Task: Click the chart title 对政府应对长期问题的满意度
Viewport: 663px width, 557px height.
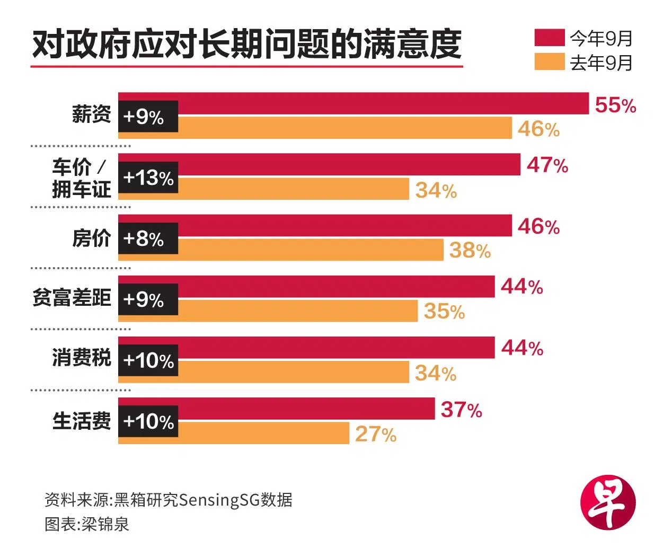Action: coord(246,45)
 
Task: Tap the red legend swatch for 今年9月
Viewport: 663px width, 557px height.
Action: coord(549,38)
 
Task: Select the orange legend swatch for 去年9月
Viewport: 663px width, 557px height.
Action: coord(549,62)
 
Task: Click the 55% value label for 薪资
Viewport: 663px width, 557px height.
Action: coord(615,105)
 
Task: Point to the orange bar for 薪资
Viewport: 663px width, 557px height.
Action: coord(344,128)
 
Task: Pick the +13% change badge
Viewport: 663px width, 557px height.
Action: coord(148,178)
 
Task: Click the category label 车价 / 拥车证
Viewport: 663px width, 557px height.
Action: coord(81,178)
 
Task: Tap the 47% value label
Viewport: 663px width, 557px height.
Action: coord(547,165)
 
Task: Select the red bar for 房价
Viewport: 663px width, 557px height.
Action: coord(344,226)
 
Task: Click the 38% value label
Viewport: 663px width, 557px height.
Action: coord(470,250)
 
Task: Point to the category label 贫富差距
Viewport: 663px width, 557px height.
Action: coord(72,298)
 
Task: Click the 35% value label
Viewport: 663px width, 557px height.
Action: coord(444,311)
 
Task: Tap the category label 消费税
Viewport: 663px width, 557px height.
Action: coord(82,358)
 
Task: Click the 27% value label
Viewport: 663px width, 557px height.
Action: coord(376,434)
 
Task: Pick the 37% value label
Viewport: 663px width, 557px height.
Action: coord(461,410)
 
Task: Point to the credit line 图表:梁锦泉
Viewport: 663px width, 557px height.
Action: coord(87,525)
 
